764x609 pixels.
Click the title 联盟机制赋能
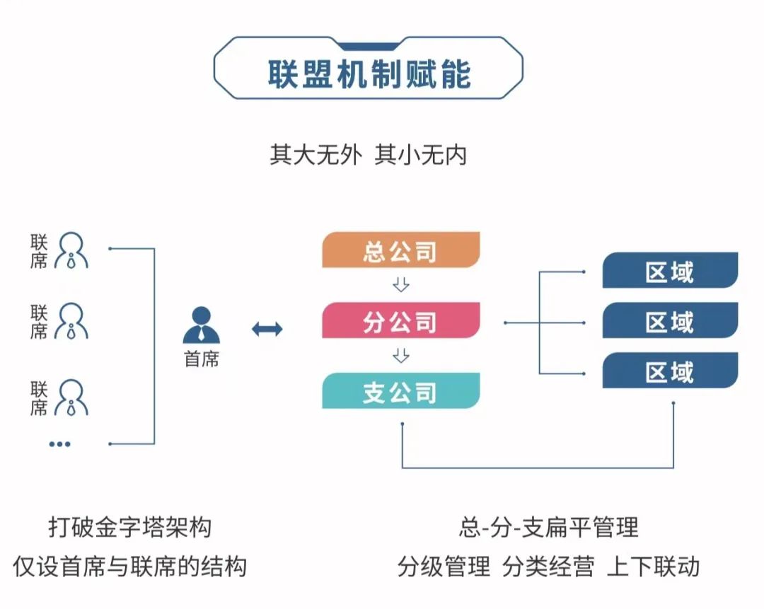tap(369, 74)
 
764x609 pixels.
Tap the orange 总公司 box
tap(401, 250)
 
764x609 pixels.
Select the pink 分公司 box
tap(401, 320)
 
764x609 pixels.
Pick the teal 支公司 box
tap(401, 390)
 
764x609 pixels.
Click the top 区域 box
tap(670, 270)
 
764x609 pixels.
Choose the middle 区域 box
tap(670, 320)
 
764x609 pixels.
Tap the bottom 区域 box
tap(670, 371)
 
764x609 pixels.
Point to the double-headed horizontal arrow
tap(267, 330)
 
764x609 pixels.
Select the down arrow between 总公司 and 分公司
tap(401, 284)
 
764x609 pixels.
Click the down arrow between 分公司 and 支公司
tap(401, 355)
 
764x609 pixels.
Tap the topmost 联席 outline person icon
tap(71, 250)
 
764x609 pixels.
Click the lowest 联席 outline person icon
tap(71, 398)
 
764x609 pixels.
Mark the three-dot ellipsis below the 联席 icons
tap(60, 443)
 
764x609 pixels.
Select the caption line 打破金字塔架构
tap(130, 528)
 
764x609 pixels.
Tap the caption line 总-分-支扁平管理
tap(549, 527)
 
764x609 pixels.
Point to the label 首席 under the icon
tap(201, 359)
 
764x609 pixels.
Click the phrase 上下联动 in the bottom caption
tap(654, 567)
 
